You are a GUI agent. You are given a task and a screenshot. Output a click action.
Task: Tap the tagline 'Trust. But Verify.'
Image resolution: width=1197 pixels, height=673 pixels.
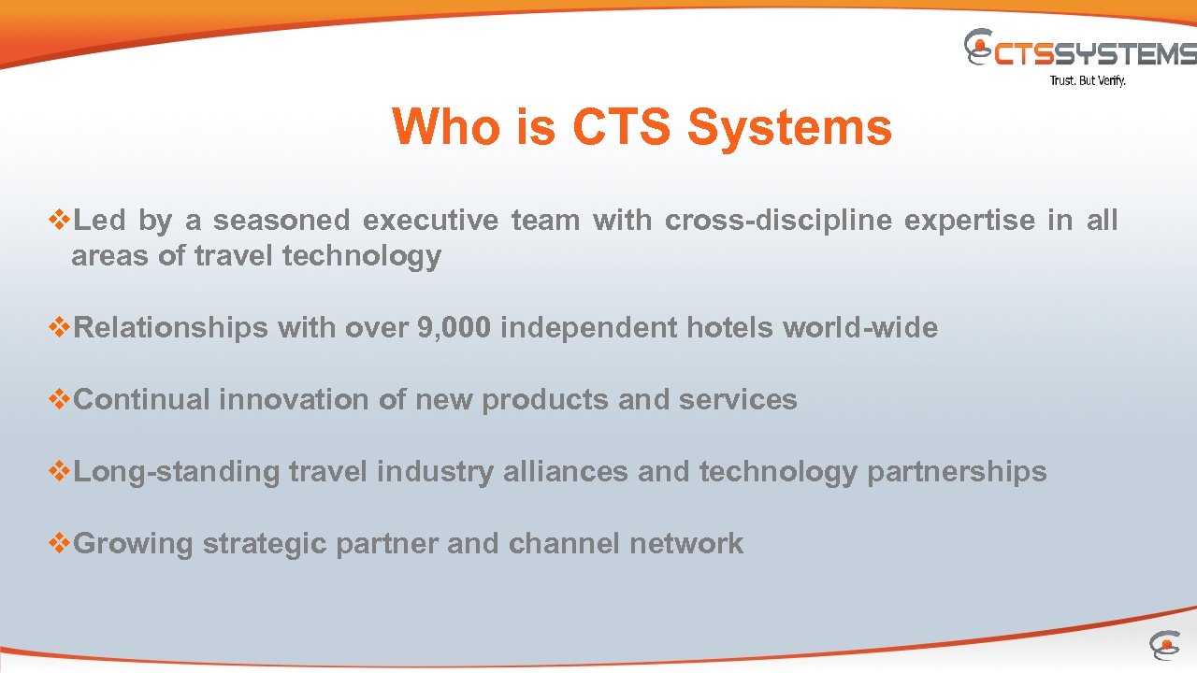tap(1088, 81)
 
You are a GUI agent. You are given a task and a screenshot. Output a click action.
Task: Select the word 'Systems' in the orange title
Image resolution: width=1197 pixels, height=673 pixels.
tap(789, 127)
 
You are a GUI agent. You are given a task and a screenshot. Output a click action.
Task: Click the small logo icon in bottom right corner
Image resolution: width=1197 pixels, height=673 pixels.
tap(1164, 645)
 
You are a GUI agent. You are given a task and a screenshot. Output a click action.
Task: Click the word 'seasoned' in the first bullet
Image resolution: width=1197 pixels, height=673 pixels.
tap(281, 221)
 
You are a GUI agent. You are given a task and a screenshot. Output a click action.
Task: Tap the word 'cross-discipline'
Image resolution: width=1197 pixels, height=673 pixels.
tap(778, 221)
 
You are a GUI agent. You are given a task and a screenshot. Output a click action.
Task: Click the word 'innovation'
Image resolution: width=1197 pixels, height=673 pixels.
tap(293, 400)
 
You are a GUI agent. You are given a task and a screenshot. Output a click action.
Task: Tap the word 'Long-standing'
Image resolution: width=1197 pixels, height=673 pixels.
tap(176, 472)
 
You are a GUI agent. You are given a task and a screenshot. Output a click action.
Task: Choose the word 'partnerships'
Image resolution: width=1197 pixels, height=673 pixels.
tap(957, 472)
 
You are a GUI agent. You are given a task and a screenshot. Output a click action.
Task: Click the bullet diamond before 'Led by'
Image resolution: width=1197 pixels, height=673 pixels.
tap(59, 221)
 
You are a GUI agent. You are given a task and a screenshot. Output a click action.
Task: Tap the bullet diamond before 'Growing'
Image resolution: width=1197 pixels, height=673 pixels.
tap(59, 543)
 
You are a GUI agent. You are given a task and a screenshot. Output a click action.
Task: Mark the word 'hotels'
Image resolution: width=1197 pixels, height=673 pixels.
tap(729, 328)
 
